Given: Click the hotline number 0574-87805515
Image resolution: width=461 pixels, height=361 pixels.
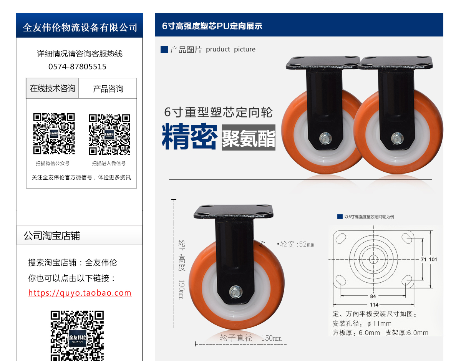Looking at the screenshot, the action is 77,66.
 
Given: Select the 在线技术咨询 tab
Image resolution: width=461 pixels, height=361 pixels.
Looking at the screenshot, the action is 52,88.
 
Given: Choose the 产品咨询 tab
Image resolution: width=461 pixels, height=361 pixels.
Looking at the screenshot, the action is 108,88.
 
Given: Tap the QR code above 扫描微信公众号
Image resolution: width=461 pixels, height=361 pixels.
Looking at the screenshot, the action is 54,134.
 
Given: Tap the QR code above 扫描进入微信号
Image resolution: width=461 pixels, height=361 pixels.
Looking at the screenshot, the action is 109,134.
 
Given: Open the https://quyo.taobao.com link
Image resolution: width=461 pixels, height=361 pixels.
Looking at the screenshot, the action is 80,293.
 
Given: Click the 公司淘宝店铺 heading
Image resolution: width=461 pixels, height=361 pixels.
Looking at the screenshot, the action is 52,235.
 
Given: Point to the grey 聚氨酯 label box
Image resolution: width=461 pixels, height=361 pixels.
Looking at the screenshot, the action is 249,137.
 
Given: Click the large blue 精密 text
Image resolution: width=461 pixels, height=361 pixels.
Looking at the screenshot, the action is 189,136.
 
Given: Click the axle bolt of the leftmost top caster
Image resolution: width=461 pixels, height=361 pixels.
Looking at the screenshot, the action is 325,139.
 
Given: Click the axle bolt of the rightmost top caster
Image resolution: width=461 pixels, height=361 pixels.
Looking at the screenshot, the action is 397,139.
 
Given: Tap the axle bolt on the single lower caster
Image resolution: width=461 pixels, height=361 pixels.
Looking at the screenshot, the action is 235,292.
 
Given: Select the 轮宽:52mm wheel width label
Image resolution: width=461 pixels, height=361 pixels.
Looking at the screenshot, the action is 297,244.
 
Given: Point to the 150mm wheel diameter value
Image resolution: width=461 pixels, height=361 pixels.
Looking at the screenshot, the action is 271,338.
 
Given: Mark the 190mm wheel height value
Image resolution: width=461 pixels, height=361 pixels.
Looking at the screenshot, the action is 181,290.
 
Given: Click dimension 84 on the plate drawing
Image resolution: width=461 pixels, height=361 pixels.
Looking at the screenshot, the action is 373,296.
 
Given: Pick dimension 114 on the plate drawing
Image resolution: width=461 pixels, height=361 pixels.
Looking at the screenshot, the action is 374,305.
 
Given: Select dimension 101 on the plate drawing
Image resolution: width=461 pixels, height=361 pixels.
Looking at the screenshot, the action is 433,259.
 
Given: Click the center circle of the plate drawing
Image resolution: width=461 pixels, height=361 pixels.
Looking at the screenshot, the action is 373,259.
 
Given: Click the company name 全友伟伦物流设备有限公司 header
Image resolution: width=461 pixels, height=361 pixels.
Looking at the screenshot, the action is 80,28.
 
